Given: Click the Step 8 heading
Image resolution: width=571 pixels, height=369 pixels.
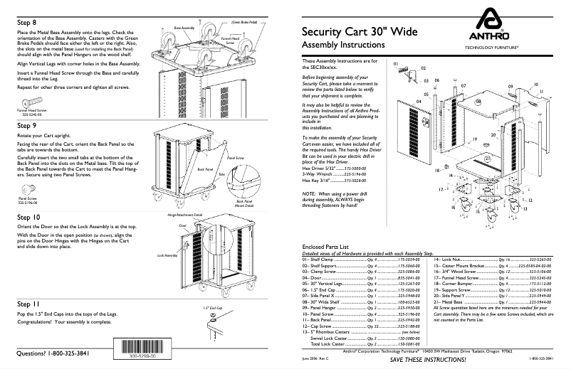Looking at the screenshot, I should click(27, 23).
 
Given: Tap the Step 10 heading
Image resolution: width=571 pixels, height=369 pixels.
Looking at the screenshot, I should click(29, 215).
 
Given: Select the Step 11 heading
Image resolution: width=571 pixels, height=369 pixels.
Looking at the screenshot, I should click(28, 304).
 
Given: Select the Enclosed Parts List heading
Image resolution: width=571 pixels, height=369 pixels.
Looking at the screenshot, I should click(325, 246).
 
